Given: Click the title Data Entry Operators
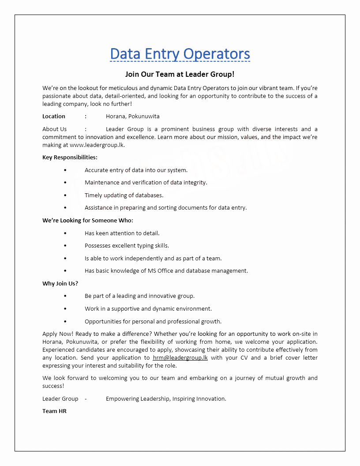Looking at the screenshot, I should [180, 54].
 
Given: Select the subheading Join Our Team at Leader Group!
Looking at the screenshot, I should [180, 75].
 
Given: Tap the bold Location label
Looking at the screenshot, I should [54, 116].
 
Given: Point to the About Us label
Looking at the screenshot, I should [55, 129].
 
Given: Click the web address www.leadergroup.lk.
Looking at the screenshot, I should [97, 145].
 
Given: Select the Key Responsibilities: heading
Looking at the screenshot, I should [70, 158].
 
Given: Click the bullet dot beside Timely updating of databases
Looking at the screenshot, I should [65, 195].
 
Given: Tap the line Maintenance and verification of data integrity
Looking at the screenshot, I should [146, 183].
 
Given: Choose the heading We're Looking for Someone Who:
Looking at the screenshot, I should [87, 221].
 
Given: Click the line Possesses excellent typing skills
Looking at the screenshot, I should [127, 246].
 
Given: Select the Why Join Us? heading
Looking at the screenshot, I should [60, 284].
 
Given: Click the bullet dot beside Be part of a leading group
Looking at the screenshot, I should [65, 296].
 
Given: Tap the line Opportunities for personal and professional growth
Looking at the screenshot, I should [153, 322].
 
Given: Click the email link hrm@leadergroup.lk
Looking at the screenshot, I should [180, 358].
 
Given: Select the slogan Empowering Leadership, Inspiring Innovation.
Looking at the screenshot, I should [166, 399].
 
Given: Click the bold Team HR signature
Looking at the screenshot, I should [54, 411].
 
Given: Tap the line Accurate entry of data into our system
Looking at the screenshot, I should [136, 170].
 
